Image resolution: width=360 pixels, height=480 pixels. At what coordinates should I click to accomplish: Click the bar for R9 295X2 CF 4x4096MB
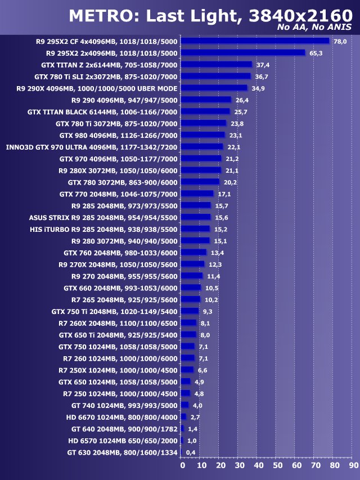tap(255, 41)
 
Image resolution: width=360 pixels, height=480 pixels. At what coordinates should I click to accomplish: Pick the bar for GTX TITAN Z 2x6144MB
tap(217, 65)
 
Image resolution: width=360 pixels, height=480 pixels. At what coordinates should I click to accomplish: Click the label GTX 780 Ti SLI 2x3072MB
tap(106, 77)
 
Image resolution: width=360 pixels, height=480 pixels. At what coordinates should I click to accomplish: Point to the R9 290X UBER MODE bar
tap(214, 88)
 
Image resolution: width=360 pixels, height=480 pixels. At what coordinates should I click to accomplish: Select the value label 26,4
tap(241, 100)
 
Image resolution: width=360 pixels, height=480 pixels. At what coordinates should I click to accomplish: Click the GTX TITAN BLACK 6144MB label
tap(102, 112)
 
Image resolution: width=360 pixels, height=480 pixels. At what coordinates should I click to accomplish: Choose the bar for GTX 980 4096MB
tap(203, 135)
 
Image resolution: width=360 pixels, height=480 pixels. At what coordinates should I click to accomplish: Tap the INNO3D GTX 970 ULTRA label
tap(92, 147)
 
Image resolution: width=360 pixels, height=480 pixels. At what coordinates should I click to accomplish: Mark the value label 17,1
tap(224, 194)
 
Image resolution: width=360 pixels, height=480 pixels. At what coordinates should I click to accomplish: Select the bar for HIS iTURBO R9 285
tap(195, 229)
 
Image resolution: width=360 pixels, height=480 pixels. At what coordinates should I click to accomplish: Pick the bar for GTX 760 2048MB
tap(193, 252)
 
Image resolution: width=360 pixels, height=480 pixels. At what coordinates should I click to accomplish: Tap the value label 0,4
tap(191, 452)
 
